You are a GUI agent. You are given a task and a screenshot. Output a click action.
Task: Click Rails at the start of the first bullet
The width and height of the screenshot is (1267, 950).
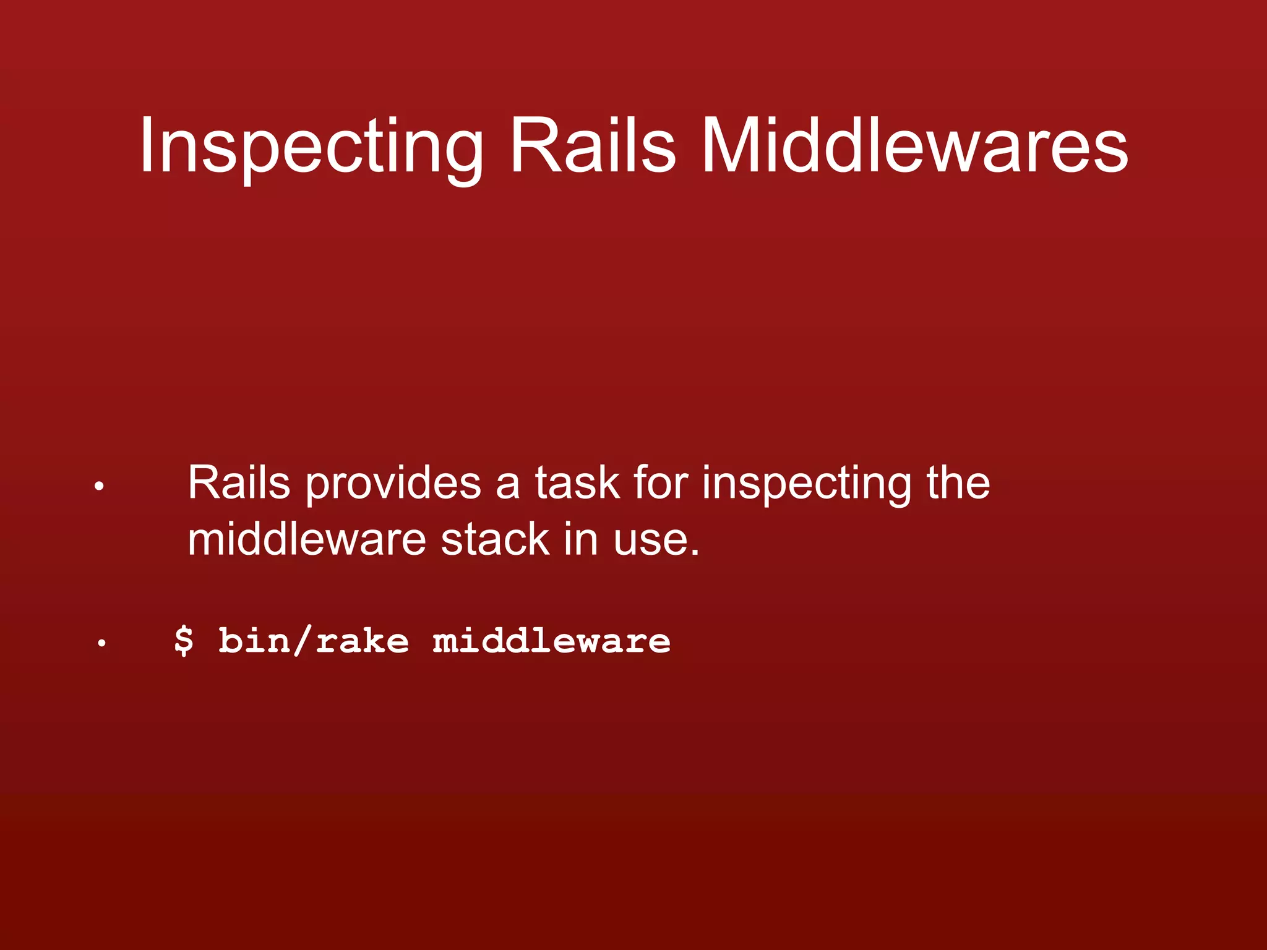point(239,482)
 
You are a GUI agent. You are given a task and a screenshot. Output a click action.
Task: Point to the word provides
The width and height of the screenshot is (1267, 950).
point(393,482)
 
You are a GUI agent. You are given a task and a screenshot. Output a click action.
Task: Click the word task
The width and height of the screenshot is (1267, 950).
point(577,482)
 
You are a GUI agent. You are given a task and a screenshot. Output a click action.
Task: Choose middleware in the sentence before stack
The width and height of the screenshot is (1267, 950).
point(307,539)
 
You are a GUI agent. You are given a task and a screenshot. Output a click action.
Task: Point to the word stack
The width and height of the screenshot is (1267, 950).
point(495,539)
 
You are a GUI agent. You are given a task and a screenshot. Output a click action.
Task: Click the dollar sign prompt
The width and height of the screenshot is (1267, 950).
point(183,640)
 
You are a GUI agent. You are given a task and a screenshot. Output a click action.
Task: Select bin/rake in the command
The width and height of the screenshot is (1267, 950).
point(314,640)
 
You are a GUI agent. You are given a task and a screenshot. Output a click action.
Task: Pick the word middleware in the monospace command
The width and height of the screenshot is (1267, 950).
point(551,640)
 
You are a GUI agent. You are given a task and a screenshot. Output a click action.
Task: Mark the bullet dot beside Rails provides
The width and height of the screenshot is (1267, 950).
point(99,487)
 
